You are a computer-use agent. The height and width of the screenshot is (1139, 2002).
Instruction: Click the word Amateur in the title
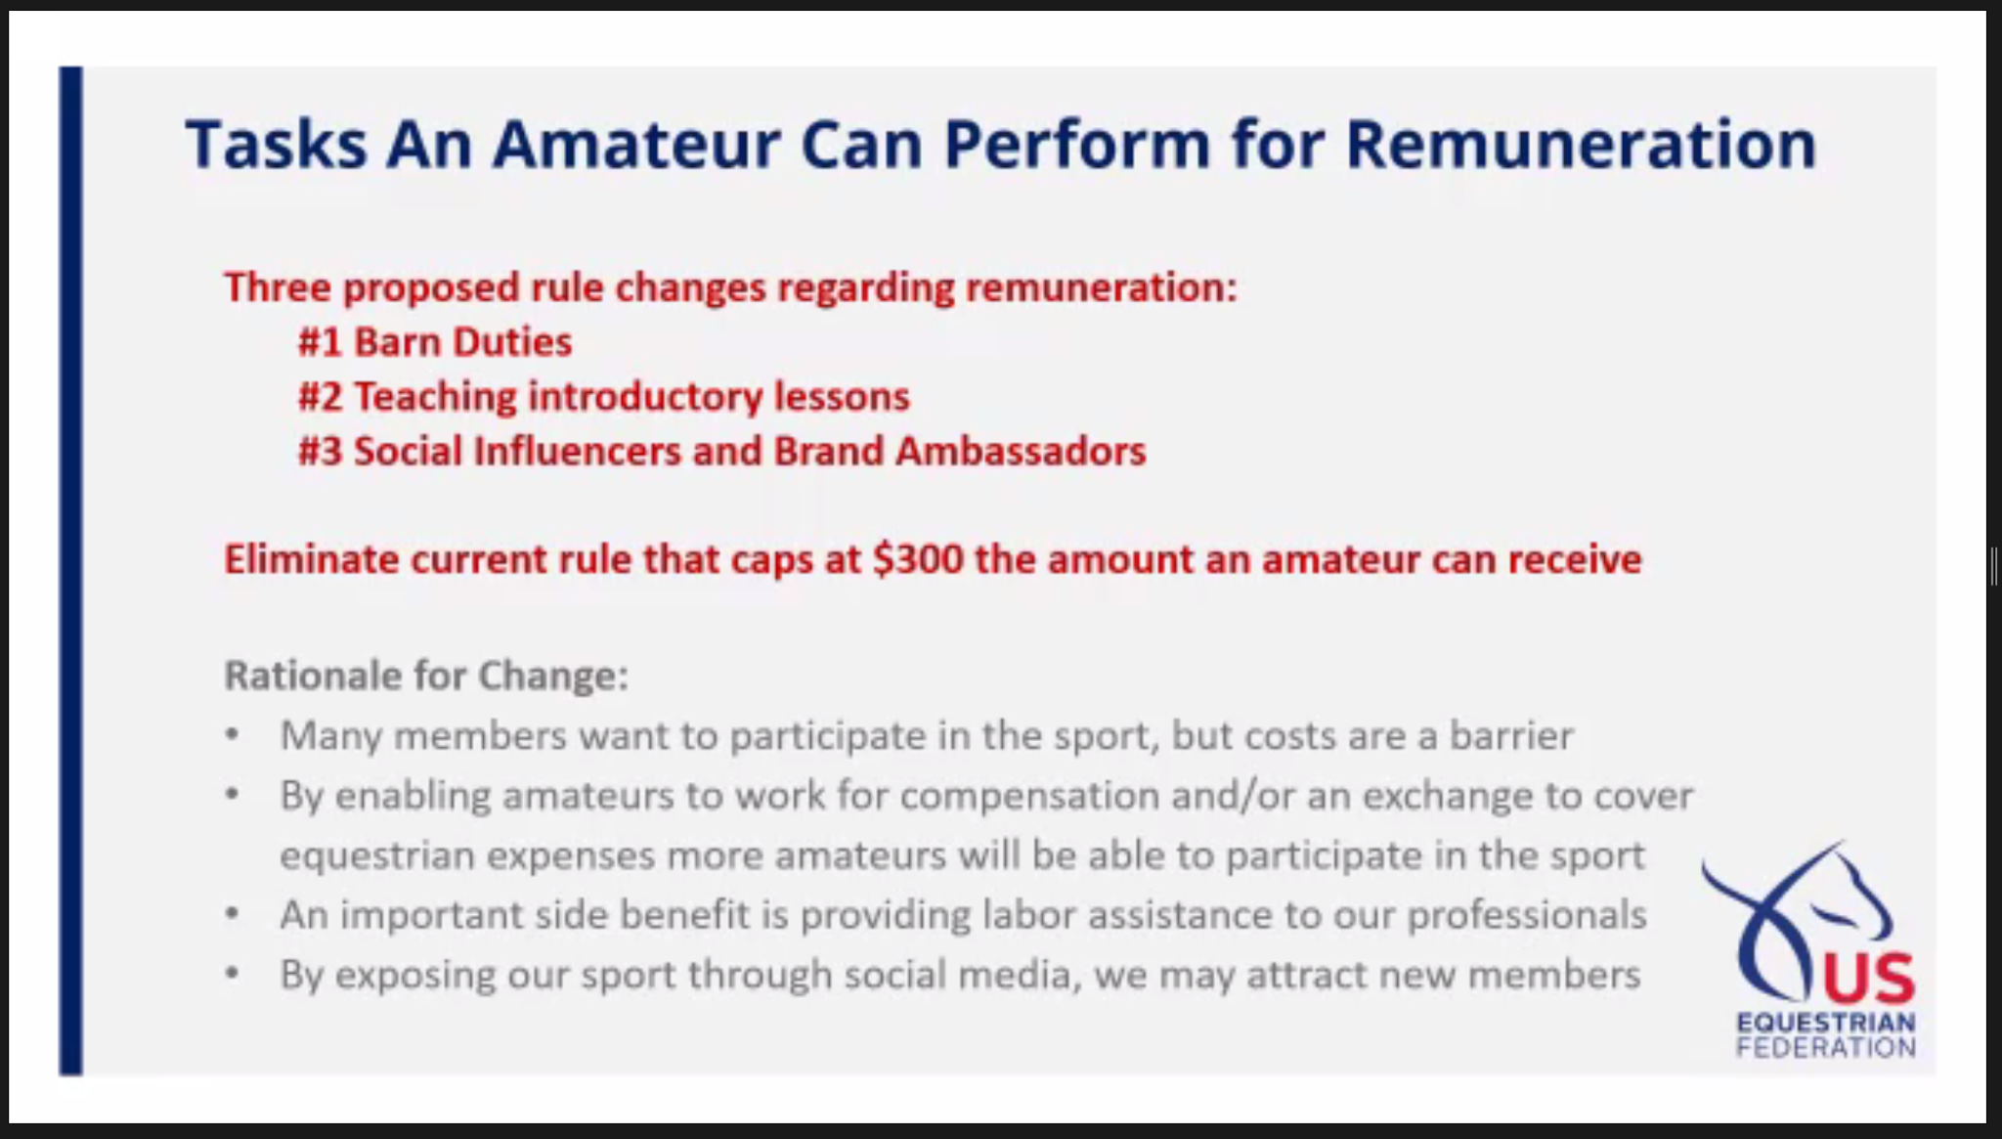point(636,145)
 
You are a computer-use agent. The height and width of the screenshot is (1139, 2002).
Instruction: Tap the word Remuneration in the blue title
point(1581,145)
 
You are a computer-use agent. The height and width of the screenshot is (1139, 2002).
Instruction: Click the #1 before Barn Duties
point(320,342)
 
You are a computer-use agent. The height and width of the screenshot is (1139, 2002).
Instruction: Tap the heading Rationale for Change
point(426,676)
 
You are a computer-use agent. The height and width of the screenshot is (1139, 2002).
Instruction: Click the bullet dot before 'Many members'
point(232,735)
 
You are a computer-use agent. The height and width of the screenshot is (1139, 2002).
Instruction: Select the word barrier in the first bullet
point(1511,735)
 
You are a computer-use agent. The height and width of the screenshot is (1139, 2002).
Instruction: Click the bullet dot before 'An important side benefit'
point(232,915)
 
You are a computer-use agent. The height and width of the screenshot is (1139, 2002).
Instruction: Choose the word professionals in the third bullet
point(1527,916)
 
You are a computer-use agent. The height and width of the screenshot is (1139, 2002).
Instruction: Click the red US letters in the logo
point(1868,979)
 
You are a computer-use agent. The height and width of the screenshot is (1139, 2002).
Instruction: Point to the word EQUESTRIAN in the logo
point(1826,1023)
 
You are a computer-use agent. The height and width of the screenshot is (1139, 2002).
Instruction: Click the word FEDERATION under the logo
point(1826,1047)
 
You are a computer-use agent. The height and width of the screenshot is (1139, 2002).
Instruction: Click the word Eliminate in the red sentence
point(312,559)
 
